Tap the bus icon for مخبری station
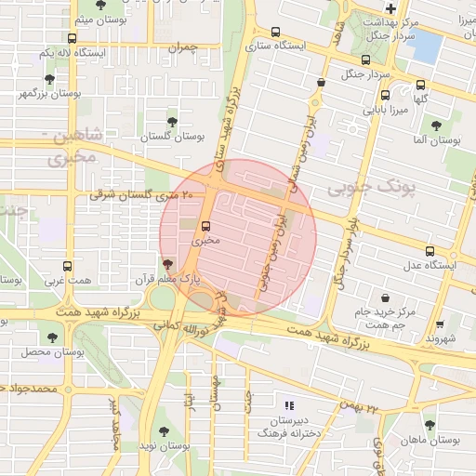[205, 225]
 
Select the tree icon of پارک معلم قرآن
[167, 264]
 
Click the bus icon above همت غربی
[66, 266]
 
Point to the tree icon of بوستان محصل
[51, 337]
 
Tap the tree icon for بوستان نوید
[164, 431]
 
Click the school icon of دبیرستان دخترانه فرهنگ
[289, 405]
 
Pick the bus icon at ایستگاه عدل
[430, 251]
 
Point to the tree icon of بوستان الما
[436, 125]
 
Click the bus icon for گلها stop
[420, 83]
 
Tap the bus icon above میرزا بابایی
[384, 94]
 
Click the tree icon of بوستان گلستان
[171, 122]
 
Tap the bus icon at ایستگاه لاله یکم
[73, 38]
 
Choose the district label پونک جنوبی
[368, 189]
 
